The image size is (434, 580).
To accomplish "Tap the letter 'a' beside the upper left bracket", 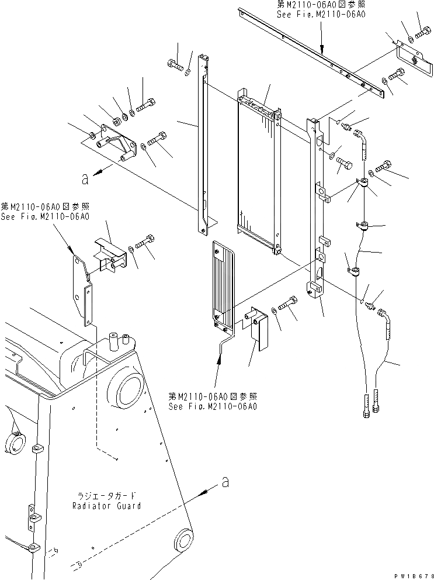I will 85,179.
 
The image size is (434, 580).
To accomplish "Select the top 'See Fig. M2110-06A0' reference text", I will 322,14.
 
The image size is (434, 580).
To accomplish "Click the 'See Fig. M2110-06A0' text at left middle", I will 44,216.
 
